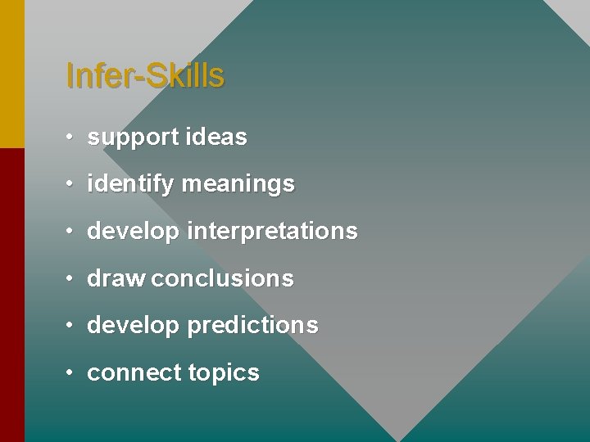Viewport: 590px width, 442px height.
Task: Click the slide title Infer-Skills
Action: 144,76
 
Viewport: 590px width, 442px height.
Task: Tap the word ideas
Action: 216,137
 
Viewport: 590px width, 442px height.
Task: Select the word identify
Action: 130,185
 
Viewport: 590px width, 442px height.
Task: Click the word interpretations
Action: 272,232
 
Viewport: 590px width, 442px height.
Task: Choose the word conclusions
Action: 222,278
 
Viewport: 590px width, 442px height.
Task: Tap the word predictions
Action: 252,325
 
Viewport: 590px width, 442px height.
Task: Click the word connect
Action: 134,373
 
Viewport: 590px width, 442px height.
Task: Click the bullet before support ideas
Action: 71,137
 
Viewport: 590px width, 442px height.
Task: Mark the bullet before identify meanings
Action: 71,184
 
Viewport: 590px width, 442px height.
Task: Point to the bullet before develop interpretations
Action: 71,231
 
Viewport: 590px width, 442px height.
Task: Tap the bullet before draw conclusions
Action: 71,278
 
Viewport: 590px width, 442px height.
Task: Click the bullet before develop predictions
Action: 71,325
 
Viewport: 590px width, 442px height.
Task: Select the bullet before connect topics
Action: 71,372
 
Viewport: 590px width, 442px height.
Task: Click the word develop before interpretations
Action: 133,232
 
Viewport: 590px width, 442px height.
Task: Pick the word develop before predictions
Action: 133,327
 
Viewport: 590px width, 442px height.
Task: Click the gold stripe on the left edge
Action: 11,74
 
